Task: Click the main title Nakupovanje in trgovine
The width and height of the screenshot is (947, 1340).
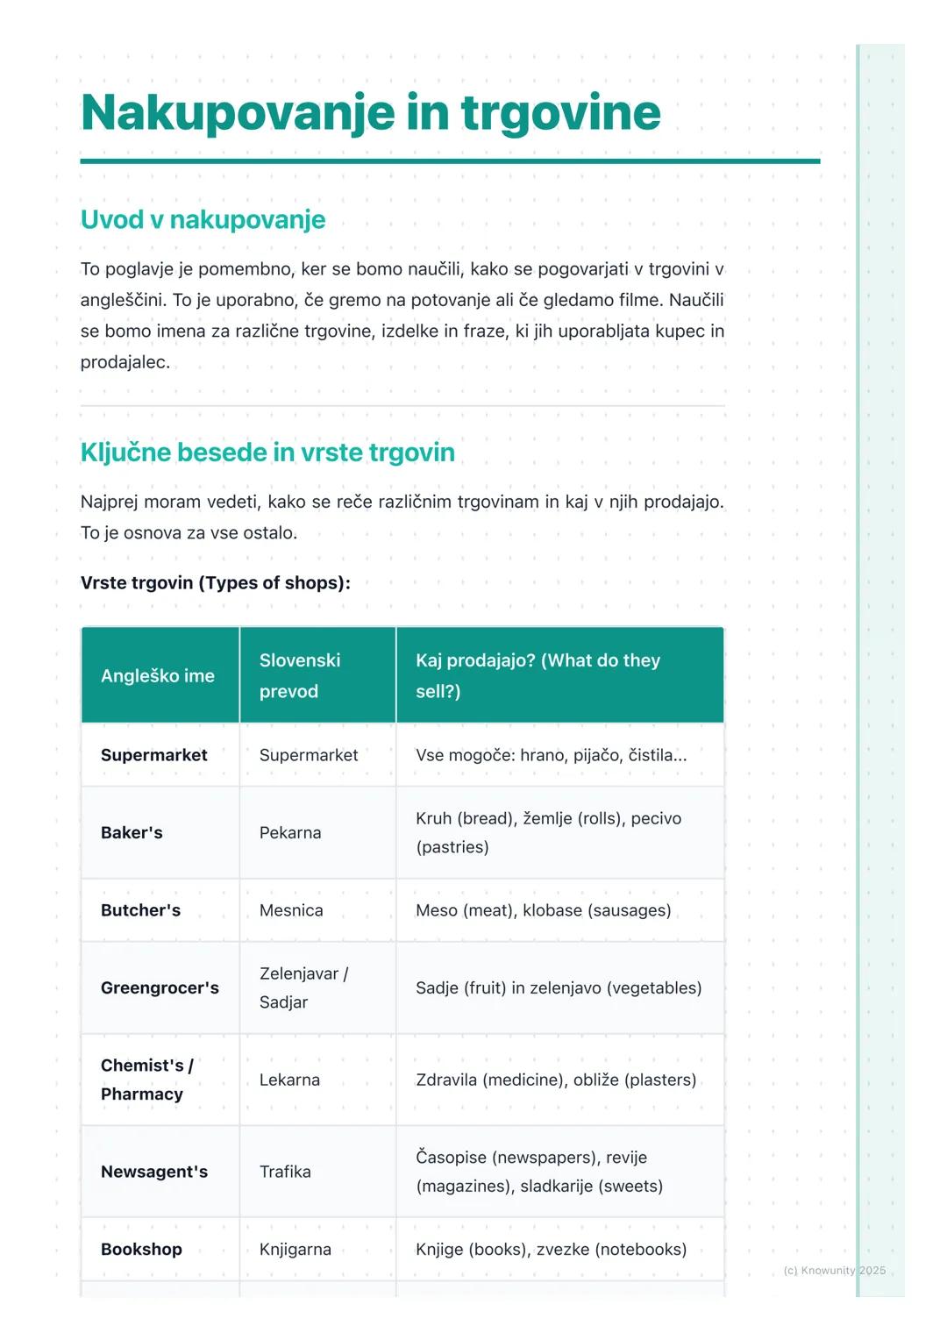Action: coord(370,112)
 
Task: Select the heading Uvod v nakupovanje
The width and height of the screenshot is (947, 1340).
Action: coord(203,219)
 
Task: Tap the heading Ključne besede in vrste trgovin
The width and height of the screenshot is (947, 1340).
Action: coord(267,453)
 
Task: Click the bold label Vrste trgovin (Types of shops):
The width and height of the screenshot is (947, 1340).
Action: coord(215,583)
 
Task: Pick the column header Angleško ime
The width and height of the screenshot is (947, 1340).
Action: coord(158,676)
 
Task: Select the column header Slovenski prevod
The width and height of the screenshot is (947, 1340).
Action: coord(300,676)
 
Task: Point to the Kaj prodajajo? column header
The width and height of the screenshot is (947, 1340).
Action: coord(538,676)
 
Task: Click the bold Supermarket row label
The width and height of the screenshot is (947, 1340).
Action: coord(154,755)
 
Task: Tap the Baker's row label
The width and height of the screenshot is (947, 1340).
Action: coord(132,833)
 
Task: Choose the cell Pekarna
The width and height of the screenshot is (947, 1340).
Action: coord(290,833)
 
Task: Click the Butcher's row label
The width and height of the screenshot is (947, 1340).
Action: coord(140,910)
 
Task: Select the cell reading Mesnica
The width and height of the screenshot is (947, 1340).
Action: coord(291,910)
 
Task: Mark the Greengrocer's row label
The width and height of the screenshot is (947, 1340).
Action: coord(160,988)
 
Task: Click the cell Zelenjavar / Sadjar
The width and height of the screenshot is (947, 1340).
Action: coord(303,988)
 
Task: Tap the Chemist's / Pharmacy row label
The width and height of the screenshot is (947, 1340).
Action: coord(146,1080)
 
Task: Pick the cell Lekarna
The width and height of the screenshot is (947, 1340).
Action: coord(289,1080)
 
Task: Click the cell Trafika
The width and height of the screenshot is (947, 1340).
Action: coord(285,1172)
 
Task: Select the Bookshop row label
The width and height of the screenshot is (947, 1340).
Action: coord(141,1250)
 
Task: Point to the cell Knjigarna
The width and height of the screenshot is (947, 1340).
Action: coord(295,1250)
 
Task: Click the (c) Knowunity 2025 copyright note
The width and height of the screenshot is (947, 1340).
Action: coord(835,1271)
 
